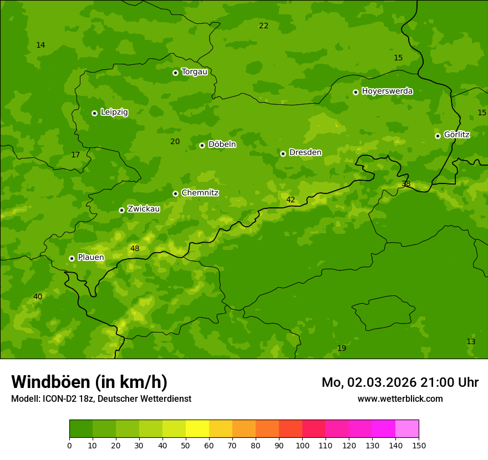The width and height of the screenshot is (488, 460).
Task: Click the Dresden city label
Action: pyautogui.click(x=305, y=152)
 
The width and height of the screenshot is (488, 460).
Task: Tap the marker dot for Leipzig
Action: pyautogui.click(x=94, y=113)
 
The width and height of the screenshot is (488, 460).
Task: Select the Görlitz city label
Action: pyautogui.click(x=456, y=135)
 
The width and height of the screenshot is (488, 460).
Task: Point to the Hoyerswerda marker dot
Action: pyautogui.click(x=355, y=92)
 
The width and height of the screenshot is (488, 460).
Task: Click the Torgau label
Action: pyautogui.click(x=194, y=72)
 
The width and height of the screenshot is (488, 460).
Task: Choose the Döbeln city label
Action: pyautogui.click(x=222, y=145)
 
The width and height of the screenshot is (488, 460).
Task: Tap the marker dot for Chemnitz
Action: pyautogui.click(x=175, y=193)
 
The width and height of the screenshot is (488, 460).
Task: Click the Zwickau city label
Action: pyautogui.click(x=144, y=209)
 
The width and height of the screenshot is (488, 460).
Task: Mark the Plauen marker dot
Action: pyautogui.click(x=72, y=258)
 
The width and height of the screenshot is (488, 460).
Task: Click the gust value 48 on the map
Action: pyautogui.click(x=135, y=248)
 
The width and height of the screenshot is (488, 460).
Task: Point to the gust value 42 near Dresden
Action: pyautogui.click(x=291, y=200)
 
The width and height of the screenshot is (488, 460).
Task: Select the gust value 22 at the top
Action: pyautogui.click(x=263, y=25)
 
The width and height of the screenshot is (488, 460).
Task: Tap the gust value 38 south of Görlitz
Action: pyautogui.click(x=406, y=183)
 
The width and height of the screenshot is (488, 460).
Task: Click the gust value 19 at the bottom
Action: pyautogui.click(x=342, y=348)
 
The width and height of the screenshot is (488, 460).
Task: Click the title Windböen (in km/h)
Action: pyautogui.click(x=89, y=382)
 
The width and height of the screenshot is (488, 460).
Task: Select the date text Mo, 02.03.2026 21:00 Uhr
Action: pyautogui.click(x=400, y=382)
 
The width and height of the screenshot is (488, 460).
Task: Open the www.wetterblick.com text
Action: pyautogui.click(x=400, y=398)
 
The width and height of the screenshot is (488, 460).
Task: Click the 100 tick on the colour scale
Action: pyautogui.click(x=302, y=445)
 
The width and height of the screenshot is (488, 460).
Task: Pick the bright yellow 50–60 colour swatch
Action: pyautogui.click(x=197, y=429)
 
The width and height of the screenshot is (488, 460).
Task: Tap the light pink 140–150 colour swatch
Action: pyautogui.click(x=407, y=429)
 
